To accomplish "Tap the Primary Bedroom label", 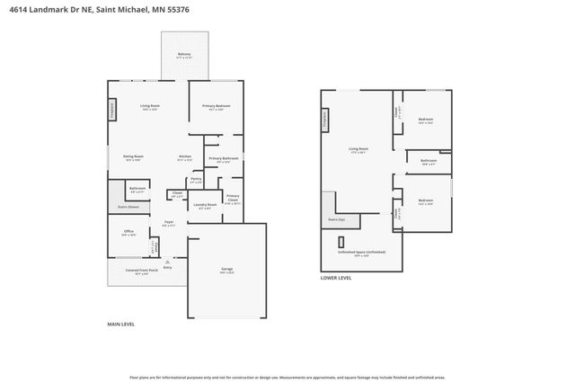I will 216,106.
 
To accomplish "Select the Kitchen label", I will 184,156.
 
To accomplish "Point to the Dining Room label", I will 133,156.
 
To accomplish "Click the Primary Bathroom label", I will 223,158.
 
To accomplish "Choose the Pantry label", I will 196,180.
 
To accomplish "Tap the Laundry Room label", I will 205,205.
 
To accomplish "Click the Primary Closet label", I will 232,197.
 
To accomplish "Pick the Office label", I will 128,231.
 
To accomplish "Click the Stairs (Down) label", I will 128,206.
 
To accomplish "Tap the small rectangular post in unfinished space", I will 341,241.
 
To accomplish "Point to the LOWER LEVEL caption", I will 336,279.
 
